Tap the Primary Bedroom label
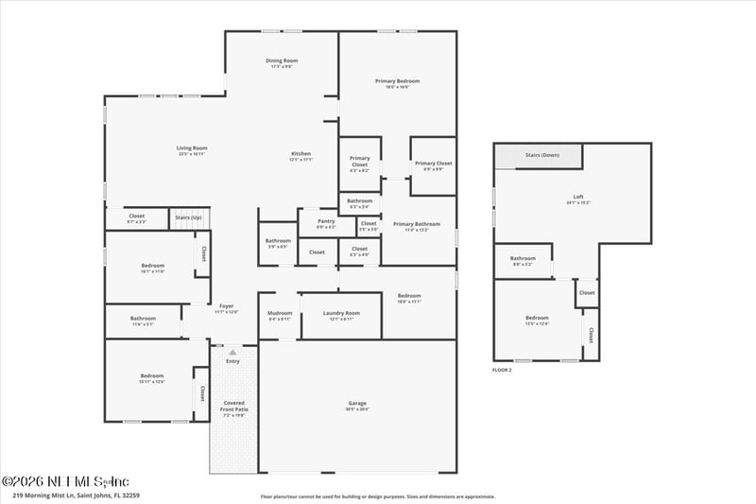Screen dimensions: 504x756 [x=397, y=81]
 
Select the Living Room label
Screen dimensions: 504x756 [x=192, y=148]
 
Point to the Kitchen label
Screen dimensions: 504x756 [x=301, y=154]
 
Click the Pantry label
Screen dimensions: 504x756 [x=326, y=223]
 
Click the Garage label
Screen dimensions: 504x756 [x=357, y=404]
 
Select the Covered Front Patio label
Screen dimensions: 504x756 [x=233, y=406]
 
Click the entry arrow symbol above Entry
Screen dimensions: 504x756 [x=232, y=352]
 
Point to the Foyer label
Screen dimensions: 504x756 [x=226, y=306]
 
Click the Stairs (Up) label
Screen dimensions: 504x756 [x=189, y=218]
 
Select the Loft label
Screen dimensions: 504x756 [x=578, y=198]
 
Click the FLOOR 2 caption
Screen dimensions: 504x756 [x=502, y=370]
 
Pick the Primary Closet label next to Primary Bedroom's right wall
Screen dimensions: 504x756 [x=434, y=163]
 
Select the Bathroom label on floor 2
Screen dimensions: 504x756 [x=523, y=258]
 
